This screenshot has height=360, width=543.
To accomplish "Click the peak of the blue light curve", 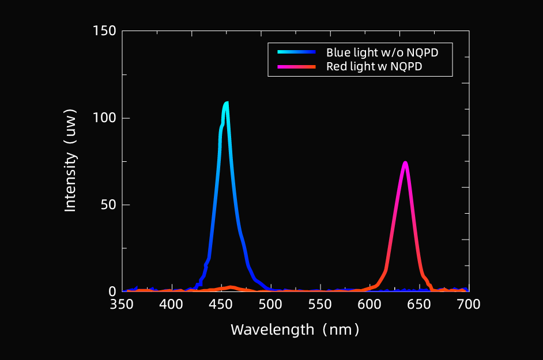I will (226, 104).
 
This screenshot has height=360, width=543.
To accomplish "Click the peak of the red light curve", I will (405, 163).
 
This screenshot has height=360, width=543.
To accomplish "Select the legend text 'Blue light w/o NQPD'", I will (382, 52).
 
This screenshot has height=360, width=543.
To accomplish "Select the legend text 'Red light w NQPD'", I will (374, 66).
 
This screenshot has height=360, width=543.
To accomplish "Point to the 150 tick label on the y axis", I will (104, 31).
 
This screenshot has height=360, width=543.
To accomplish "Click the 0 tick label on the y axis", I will (112, 291).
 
